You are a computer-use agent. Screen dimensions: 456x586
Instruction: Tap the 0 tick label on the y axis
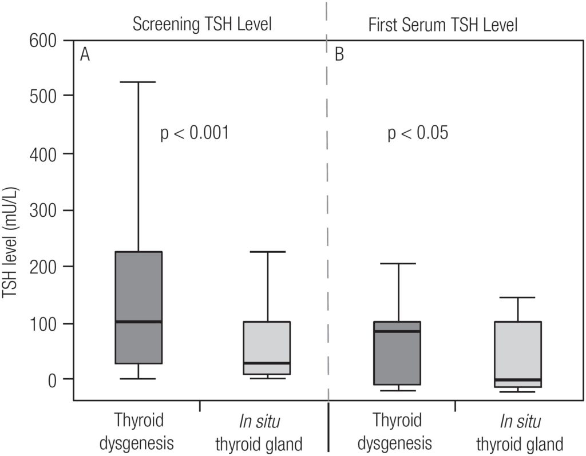click(53, 379)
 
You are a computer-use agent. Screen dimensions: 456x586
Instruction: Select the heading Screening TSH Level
click(201, 25)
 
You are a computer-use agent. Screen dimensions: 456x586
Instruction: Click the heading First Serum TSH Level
click(443, 25)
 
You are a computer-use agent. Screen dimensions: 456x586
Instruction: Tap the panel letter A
click(85, 55)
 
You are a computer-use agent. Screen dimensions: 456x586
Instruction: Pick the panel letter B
click(339, 55)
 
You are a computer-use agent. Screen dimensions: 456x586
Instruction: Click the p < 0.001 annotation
click(195, 134)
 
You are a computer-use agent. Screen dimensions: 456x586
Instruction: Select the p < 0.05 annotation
click(418, 134)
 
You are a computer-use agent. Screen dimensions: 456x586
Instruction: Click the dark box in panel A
click(138, 286)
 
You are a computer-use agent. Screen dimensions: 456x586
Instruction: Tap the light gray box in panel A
click(267, 343)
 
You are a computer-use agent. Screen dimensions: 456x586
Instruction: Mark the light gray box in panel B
click(518, 349)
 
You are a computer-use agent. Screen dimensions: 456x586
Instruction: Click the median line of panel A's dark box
click(138, 322)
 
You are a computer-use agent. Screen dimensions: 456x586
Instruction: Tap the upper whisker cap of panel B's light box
click(518, 298)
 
